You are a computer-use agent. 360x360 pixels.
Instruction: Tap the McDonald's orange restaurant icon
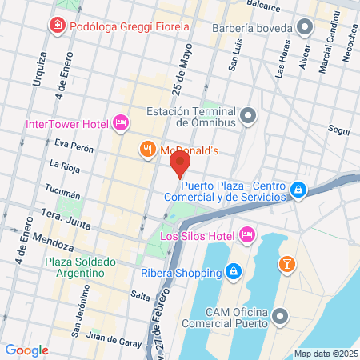click(147, 149)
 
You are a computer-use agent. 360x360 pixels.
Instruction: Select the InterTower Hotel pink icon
click(121, 122)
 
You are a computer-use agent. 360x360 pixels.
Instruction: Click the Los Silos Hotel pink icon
click(247, 234)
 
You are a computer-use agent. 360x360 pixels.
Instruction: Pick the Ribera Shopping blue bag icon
click(232, 271)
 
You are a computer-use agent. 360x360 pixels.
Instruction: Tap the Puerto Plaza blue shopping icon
click(298, 190)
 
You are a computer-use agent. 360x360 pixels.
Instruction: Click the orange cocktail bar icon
click(286, 263)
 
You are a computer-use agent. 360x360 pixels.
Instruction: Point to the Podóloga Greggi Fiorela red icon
click(58, 26)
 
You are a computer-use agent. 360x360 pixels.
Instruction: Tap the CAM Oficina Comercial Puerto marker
click(279, 316)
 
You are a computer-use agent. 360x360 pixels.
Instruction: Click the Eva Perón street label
click(74, 148)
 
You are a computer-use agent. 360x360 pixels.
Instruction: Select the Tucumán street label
click(64, 194)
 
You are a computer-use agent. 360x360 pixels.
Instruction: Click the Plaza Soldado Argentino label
click(80, 267)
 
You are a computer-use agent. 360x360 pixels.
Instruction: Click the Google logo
click(26, 350)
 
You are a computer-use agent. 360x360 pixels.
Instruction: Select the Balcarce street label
click(264, 6)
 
